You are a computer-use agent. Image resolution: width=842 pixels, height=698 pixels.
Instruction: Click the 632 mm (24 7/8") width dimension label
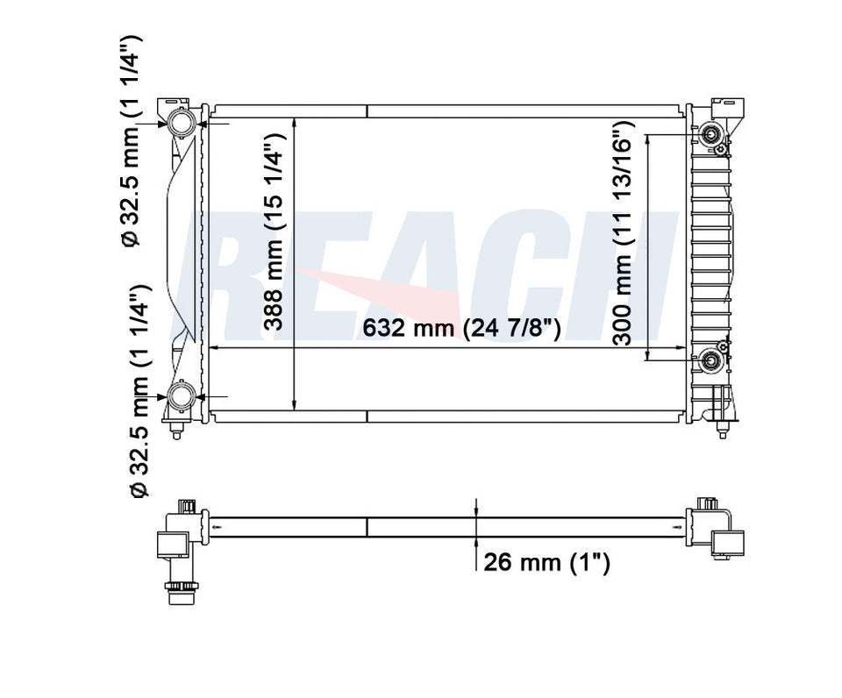tap(460, 330)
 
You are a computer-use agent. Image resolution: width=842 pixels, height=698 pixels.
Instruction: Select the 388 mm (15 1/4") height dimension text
tap(275, 231)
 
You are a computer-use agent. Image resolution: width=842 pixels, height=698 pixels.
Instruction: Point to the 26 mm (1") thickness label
tap(546, 562)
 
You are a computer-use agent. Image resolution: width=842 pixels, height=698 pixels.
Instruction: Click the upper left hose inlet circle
tap(182, 124)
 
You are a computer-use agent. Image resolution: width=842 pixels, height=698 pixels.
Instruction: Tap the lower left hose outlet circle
tap(182, 397)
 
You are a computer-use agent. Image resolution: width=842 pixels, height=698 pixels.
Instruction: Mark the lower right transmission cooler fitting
tap(712, 358)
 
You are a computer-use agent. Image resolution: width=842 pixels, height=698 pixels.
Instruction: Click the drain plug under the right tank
tap(722, 430)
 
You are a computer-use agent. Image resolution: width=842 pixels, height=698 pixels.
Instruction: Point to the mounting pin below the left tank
tap(179, 431)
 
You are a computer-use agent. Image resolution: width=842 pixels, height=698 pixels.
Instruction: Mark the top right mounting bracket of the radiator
tap(726, 109)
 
